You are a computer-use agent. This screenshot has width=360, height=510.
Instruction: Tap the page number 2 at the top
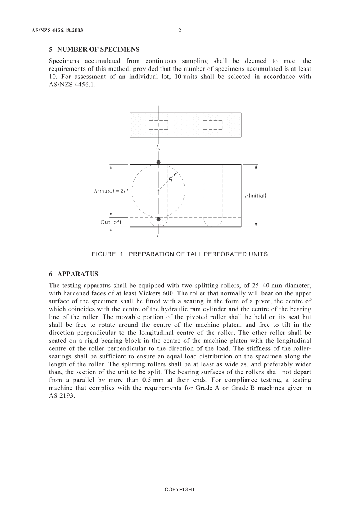180,31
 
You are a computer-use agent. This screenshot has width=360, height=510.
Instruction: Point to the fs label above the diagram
158,148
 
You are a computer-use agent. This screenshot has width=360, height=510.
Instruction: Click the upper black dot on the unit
158,162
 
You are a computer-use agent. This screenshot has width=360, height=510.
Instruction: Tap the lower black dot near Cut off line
158,219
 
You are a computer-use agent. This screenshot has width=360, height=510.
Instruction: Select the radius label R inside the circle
171,180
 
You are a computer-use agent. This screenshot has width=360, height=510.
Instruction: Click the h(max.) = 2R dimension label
111,191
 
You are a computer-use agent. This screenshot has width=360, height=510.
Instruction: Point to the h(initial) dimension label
255,196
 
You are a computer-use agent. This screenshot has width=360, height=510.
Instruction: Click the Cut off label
111,222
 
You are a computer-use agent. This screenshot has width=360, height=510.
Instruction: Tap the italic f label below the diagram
157,237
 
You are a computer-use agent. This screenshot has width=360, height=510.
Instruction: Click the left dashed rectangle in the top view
158,125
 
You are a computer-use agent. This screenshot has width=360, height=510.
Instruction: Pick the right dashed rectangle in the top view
213,125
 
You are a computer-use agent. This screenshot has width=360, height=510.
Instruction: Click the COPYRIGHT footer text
180,490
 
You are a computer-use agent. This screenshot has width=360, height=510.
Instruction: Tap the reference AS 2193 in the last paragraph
62,396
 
